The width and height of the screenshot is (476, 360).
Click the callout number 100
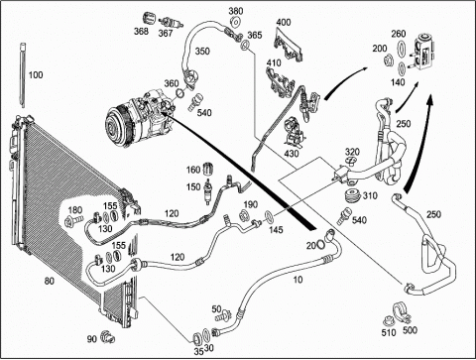point(36,75)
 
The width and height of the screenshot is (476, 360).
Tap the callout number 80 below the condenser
point(49,282)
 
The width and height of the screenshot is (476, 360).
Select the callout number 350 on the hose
point(202,52)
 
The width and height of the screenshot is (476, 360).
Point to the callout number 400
point(284,23)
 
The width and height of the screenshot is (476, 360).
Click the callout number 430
point(292,154)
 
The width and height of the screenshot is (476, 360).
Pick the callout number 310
point(370,195)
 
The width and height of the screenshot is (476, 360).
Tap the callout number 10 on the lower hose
point(297,280)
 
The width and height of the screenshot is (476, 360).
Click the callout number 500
point(410,330)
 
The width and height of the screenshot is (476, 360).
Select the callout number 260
point(399,34)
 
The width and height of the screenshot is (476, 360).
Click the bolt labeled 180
point(73,220)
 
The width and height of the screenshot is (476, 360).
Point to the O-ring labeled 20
point(320,245)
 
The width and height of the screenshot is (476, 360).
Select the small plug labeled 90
point(107,337)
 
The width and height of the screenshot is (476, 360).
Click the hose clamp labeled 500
point(401,314)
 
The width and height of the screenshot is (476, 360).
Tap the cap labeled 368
point(149,19)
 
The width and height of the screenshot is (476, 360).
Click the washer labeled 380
point(236,22)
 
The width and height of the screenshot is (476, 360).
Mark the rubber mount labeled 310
point(352,196)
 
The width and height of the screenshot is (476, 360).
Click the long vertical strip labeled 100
point(23,75)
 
